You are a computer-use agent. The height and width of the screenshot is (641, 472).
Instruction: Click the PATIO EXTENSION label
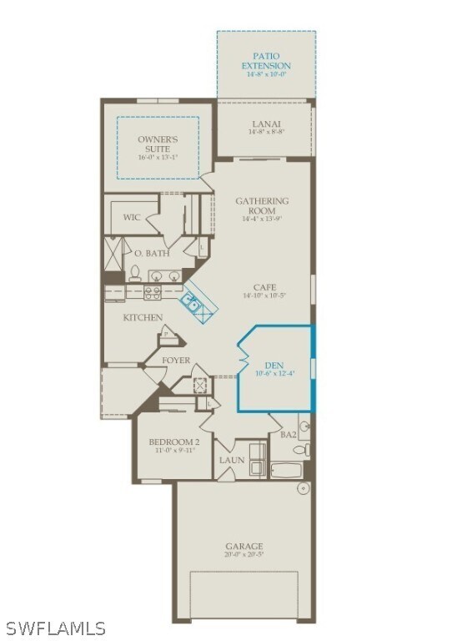(x=266, y=61)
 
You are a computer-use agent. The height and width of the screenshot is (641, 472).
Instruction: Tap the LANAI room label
(x=265, y=124)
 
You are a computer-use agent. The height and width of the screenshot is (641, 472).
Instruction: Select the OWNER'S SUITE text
(x=158, y=144)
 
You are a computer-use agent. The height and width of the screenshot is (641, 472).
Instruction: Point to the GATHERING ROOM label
(x=262, y=205)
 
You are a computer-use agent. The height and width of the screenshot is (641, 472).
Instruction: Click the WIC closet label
(x=132, y=217)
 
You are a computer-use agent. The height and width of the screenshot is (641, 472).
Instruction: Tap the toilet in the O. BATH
(x=135, y=274)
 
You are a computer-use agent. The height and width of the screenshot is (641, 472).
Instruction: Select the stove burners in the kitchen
(x=153, y=293)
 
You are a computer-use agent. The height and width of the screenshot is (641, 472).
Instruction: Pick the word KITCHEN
(x=143, y=317)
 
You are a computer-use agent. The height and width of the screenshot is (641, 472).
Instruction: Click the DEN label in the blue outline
(x=274, y=365)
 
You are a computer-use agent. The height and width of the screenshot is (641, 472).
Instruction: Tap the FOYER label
(x=175, y=360)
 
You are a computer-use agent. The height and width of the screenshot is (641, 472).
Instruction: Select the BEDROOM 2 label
(x=173, y=442)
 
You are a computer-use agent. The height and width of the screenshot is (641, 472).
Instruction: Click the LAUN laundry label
(x=231, y=460)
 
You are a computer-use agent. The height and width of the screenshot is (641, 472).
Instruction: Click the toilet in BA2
(x=305, y=451)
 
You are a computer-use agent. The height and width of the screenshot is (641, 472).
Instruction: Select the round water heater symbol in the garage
(x=303, y=488)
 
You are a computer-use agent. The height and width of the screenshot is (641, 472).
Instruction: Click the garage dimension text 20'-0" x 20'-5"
(x=244, y=554)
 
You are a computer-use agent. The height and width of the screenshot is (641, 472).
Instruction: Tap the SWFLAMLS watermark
(x=56, y=628)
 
